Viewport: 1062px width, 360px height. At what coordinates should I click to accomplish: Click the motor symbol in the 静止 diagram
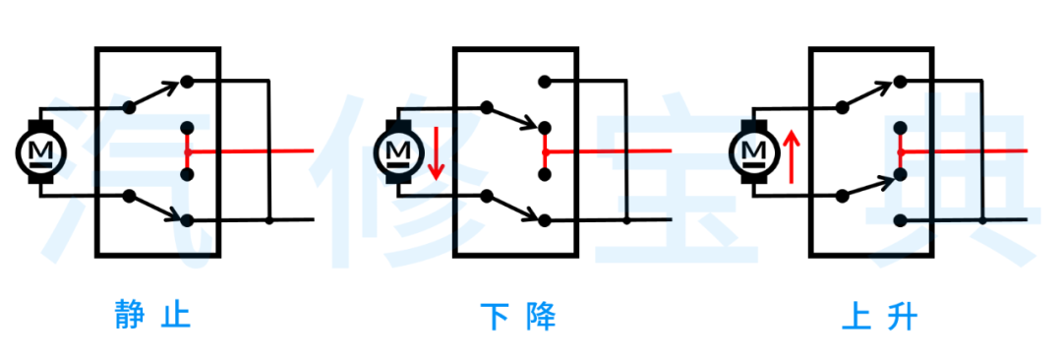tap(40, 150)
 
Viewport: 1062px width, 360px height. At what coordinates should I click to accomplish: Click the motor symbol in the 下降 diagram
tap(398, 150)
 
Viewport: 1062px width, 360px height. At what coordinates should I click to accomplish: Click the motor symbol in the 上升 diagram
tap(754, 150)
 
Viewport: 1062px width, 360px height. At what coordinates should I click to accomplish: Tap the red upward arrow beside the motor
tap(794, 157)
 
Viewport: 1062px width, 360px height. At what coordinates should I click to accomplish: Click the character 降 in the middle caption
tap(542, 317)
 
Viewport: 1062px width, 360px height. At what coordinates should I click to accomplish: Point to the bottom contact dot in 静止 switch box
tap(187, 220)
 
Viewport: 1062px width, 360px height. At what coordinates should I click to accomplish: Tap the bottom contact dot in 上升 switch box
tap(900, 220)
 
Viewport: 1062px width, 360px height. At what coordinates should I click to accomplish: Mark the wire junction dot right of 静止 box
tap(269, 220)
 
